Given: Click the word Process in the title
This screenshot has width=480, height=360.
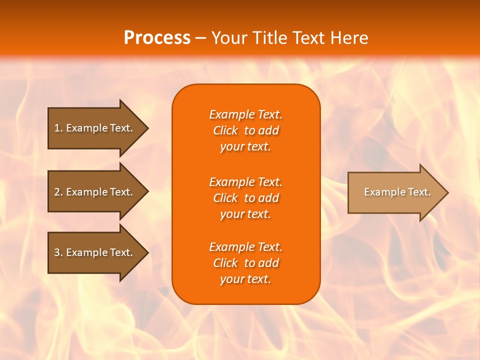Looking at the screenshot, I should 157,38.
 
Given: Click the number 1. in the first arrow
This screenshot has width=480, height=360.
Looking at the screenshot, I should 58,128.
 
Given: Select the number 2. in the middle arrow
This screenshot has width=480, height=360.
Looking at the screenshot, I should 58,192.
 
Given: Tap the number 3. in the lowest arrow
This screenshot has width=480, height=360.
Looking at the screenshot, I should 58,252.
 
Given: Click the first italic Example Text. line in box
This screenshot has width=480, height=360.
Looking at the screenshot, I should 245,114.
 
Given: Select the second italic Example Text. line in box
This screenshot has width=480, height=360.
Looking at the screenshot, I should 245,181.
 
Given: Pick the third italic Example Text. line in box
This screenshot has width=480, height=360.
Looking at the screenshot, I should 245,247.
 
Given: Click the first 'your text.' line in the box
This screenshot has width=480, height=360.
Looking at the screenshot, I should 245,147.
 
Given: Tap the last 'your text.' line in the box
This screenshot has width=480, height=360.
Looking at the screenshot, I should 245,279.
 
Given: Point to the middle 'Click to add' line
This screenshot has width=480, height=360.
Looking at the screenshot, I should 245,198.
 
